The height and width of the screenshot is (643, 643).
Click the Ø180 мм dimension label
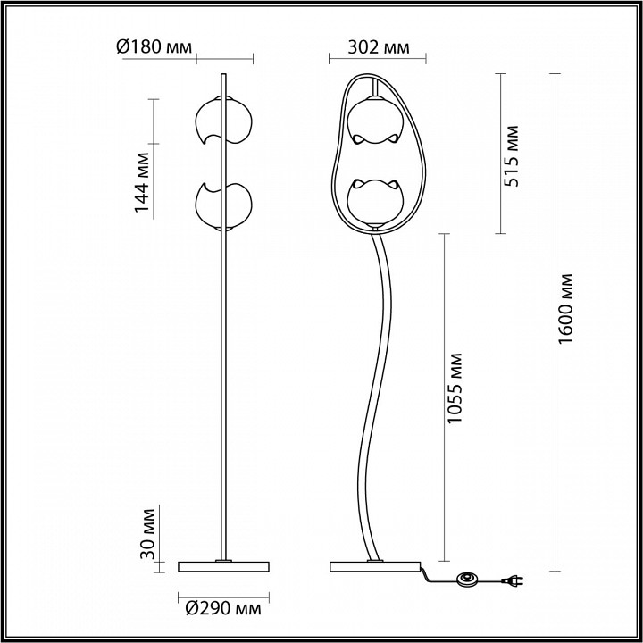154,47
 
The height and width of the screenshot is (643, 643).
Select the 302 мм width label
379,47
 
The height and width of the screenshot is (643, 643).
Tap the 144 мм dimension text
142,182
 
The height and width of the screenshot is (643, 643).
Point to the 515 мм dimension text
511,156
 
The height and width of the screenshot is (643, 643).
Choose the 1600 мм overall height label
566,309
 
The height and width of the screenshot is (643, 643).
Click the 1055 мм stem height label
455,388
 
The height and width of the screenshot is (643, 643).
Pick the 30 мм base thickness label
147,533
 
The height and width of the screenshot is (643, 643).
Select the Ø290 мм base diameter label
223,608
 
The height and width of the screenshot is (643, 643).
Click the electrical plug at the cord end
513,580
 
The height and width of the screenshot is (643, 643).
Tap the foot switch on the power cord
467,579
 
